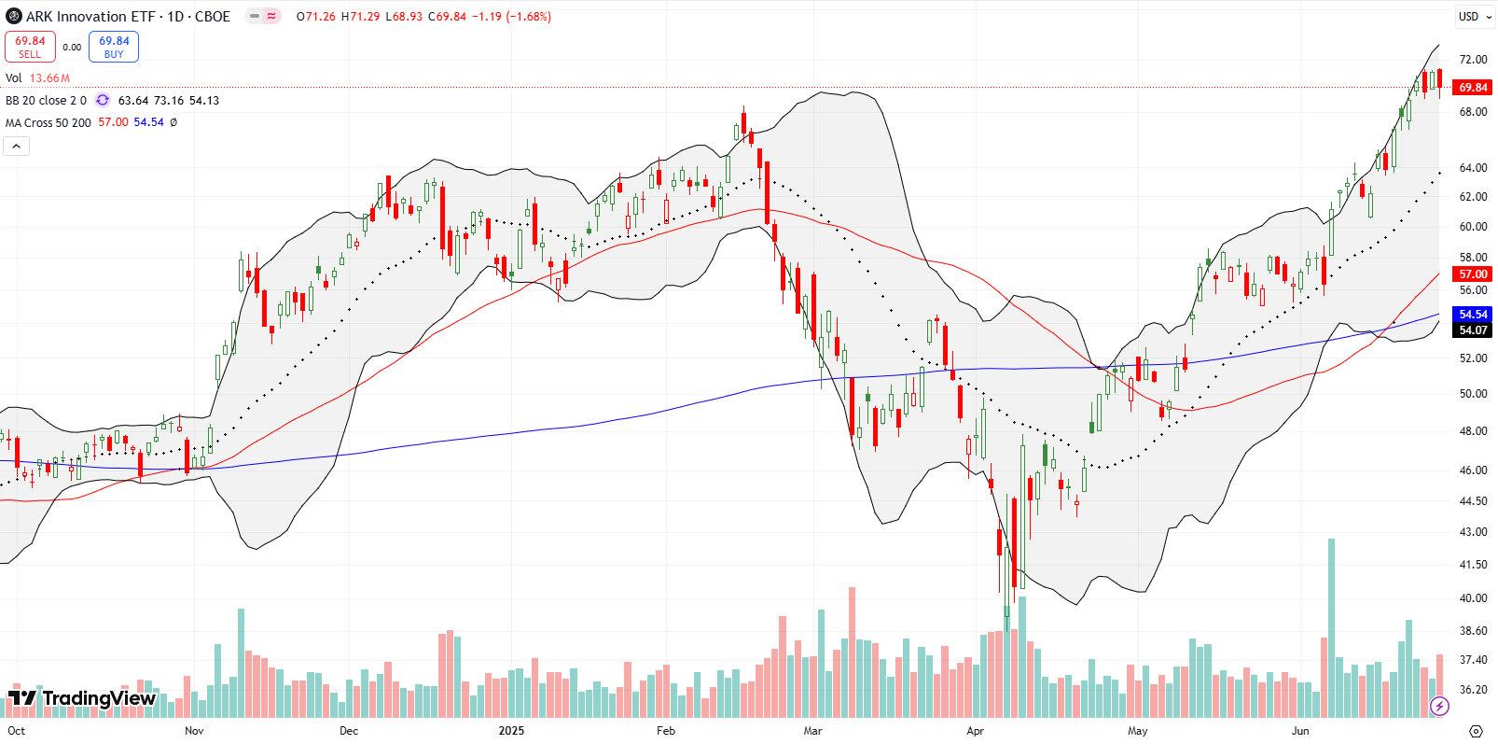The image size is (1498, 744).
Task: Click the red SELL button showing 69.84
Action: pos(30,47)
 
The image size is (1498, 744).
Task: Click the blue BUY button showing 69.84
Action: pos(114,47)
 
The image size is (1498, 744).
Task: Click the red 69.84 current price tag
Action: pos(1473,88)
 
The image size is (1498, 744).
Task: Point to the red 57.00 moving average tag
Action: pos(1473,274)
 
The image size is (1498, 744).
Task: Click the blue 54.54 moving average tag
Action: pos(1473,315)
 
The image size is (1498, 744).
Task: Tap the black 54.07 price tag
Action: pos(1473,330)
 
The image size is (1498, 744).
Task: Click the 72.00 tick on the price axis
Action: pos(1473,60)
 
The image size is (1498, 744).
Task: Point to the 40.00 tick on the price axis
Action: pos(1473,598)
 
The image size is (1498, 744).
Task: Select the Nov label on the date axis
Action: pos(194,731)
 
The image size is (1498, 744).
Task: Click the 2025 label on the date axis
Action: pos(511,731)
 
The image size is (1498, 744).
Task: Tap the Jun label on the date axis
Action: pos(1300,731)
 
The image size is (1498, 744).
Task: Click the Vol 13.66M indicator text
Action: pos(38,78)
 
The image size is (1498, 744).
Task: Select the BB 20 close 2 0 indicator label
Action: pos(46,101)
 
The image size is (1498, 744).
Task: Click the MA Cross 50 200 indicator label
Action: pos(49,123)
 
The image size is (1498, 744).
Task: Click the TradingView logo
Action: pos(82,698)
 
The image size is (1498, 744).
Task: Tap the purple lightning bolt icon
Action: pos(1439,706)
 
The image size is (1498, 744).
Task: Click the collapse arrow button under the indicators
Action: pos(16,147)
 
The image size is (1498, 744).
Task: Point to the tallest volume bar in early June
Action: pos(1331,627)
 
